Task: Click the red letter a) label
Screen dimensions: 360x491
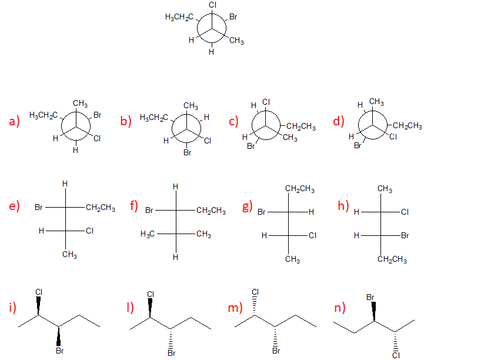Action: [14, 122]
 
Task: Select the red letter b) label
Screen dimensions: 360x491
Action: [125, 122]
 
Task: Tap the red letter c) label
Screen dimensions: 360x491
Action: [233, 122]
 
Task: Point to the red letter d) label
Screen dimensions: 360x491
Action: [338, 122]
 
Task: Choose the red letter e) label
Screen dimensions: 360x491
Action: [14, 206]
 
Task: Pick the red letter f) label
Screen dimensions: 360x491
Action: [133, 206]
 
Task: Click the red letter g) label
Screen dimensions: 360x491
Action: [246, 206]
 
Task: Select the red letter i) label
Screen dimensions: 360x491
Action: [12, 307]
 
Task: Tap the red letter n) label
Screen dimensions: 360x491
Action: [339, 307]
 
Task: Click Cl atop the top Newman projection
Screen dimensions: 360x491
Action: [212, 5]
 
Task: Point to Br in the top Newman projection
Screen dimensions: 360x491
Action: [233, 18]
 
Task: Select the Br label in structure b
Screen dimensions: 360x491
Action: [188, 153]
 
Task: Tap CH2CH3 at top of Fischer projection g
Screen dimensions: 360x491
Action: [299, 189]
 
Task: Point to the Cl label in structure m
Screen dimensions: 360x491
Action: [255, 292]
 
